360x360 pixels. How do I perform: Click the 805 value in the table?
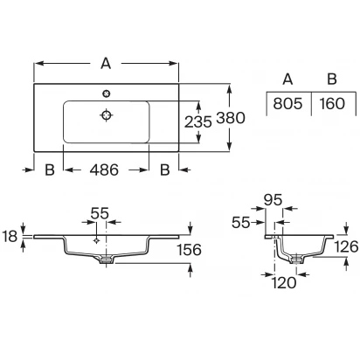pos(287,104)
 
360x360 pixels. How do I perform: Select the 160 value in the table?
pos(332,104)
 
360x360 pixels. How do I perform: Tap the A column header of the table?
pos(287,79)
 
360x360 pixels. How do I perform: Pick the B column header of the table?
pos(332,79)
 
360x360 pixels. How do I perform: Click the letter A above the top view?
pos(106,63)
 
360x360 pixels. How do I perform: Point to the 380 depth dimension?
pos(231,118)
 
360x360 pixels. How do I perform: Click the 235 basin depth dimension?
pos(198,121)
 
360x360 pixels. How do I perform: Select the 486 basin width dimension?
pos(104,170)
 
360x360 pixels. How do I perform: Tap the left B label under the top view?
pos(50,170)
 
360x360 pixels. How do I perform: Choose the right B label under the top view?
pos(165,170)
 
